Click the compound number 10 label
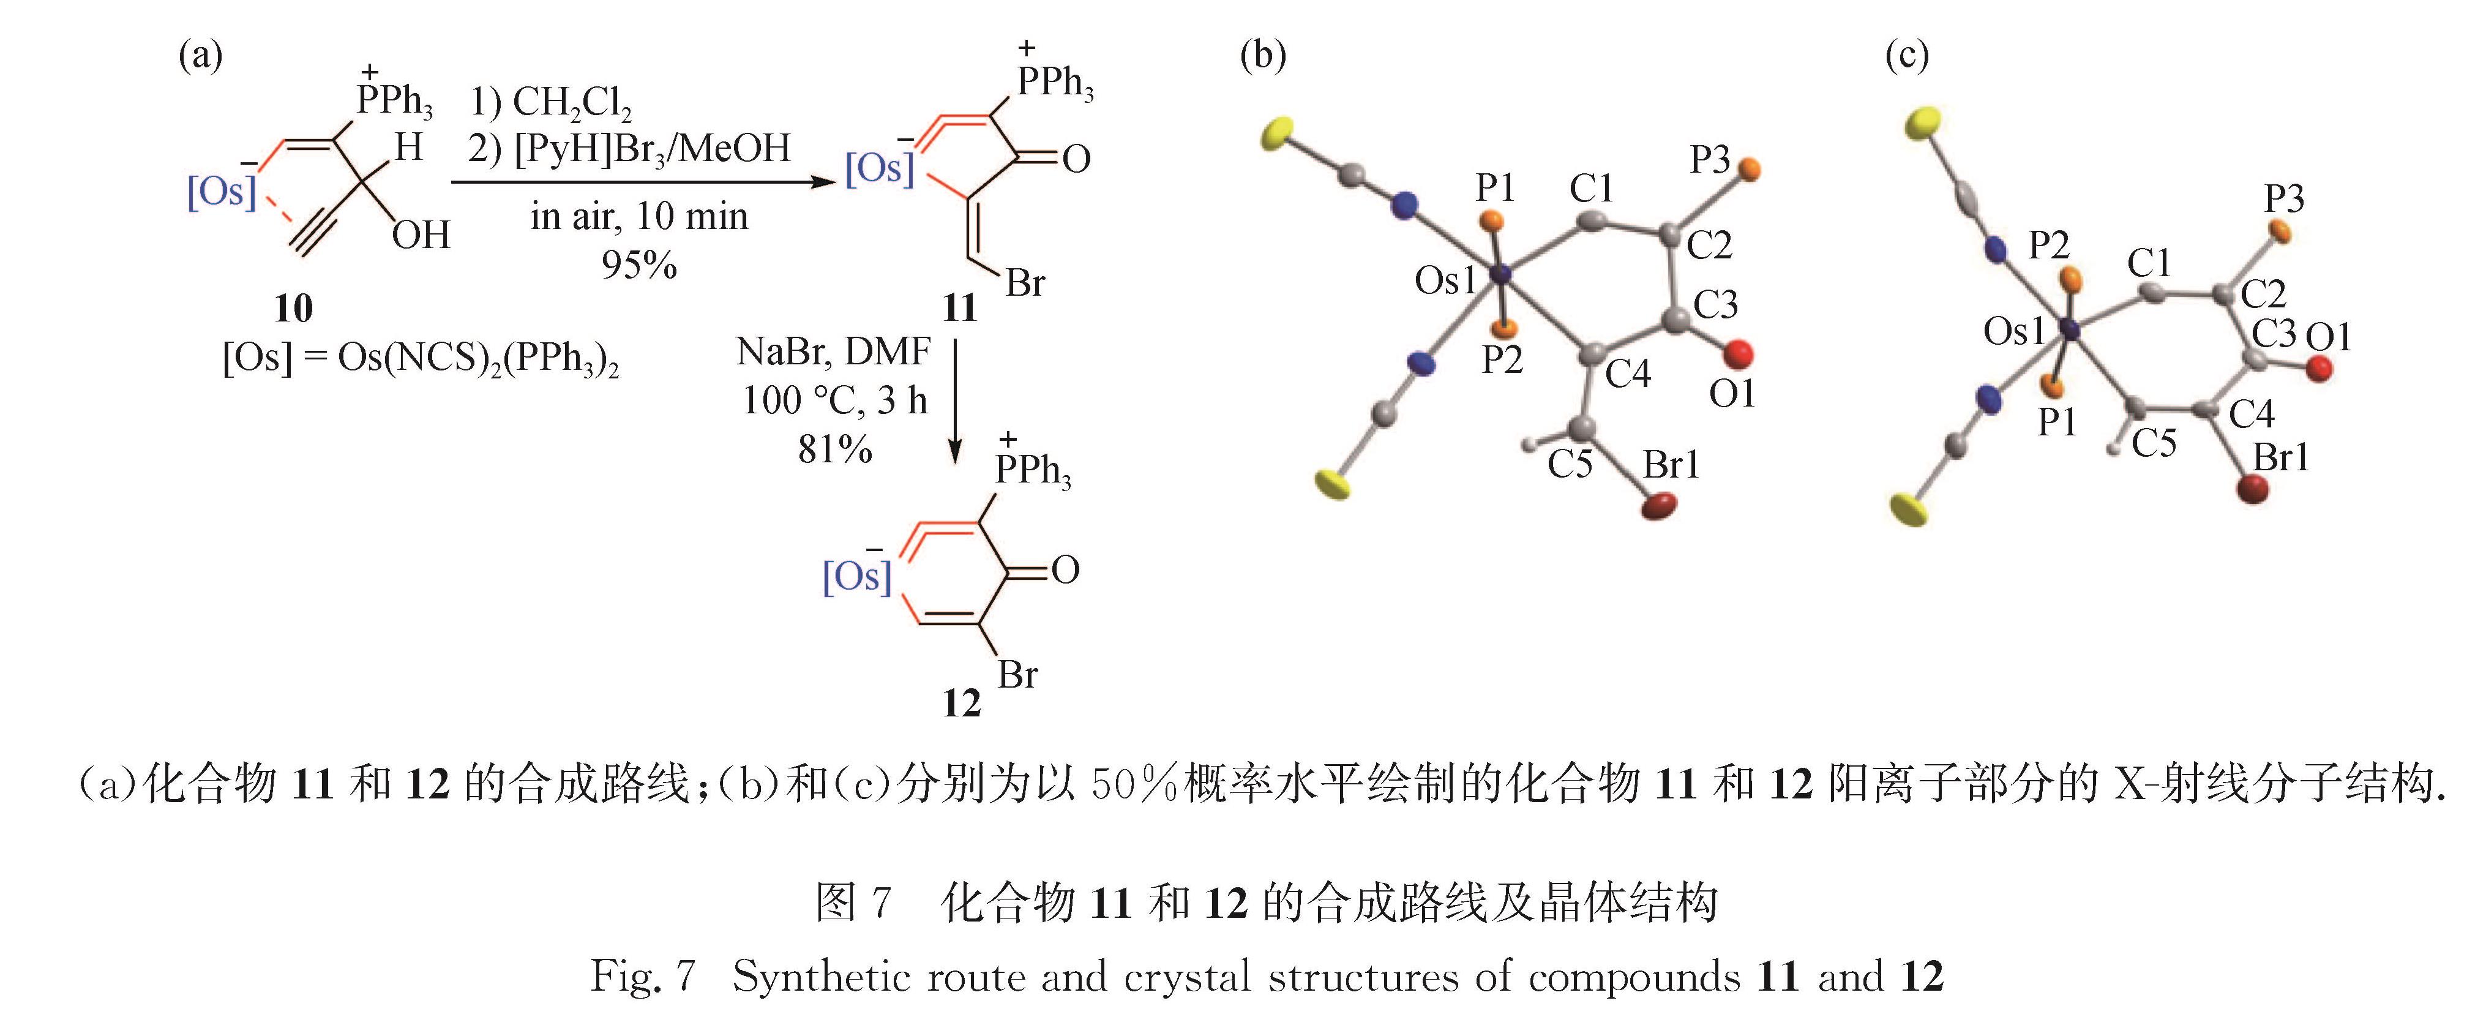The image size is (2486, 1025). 293,309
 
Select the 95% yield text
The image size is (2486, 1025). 639,265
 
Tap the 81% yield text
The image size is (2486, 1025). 835,449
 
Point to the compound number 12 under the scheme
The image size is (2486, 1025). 961,704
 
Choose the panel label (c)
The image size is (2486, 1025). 1907,56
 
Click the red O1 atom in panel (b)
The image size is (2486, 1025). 1738,354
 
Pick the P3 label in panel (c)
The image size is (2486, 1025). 2285,199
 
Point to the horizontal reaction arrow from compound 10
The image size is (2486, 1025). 642,181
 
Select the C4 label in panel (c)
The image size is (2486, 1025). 2252,414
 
